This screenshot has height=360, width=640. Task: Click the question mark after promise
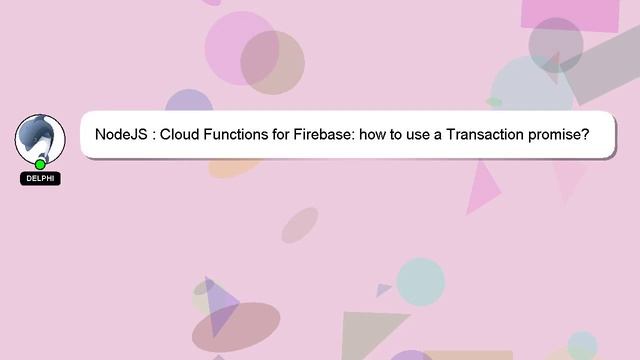pos(583,134)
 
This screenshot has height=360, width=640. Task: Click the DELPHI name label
pos(40,179)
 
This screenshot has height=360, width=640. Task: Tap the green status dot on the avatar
pos(40,164)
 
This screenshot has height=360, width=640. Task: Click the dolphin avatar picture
pos(40,138)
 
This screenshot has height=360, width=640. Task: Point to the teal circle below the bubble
pos(420,281)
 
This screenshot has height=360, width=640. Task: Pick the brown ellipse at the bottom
pos(237,326)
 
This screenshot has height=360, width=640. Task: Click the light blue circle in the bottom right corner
pos(582,345)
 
